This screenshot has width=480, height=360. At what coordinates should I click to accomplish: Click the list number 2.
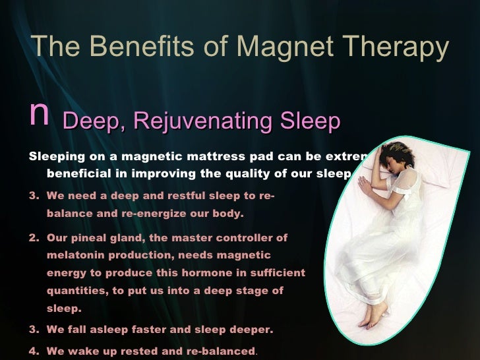(34, 237)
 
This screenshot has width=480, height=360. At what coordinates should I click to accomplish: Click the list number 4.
(34, 351)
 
